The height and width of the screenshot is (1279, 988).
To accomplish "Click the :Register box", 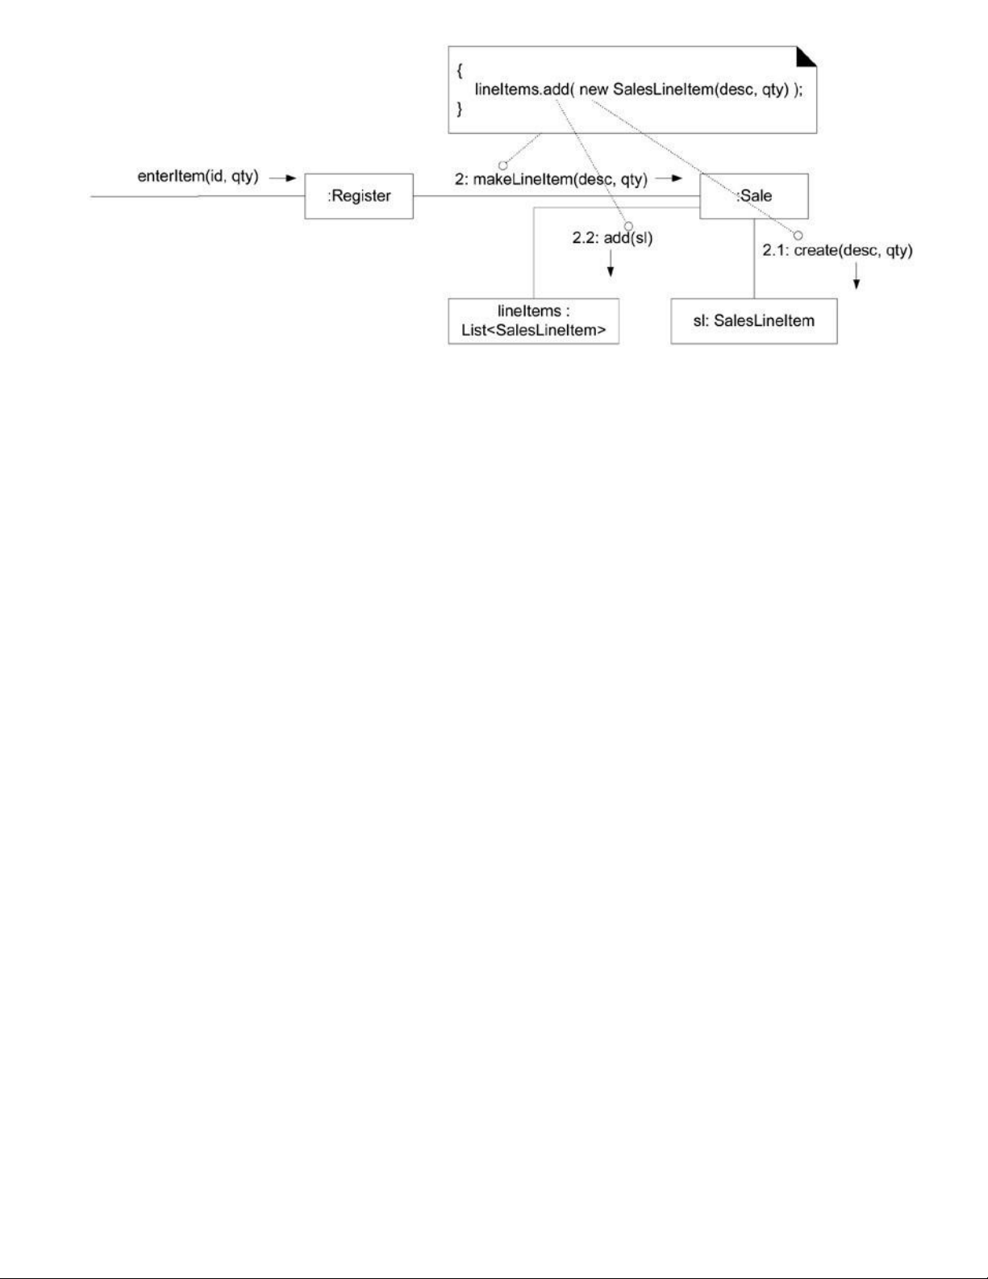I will [x=359, y=196].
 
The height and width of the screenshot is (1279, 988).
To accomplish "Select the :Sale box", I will [x=753, y=196].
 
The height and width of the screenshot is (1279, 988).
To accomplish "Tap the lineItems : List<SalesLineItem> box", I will [x=533, y=321].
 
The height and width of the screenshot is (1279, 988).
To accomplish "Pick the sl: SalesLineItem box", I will [x=753, y=321].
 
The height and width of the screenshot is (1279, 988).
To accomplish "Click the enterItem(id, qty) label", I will [x=198, y=177].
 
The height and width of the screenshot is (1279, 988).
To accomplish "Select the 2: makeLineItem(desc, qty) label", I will [x=551, y=180].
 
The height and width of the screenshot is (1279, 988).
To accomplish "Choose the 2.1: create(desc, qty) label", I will [x=838, y=251].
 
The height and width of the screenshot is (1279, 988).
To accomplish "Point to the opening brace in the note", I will [x=459, y=70].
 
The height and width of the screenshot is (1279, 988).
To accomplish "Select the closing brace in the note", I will [x=459, y=109].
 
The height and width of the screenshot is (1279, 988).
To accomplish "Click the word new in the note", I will [x=594, y=90].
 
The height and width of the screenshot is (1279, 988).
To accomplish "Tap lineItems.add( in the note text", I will [x=523, y=90].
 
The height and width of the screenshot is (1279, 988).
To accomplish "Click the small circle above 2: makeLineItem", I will [x=502, y=165].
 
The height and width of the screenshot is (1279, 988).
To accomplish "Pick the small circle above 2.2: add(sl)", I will [x=628, y=227].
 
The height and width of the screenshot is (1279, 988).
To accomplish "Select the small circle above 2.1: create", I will [x=798, y=235].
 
